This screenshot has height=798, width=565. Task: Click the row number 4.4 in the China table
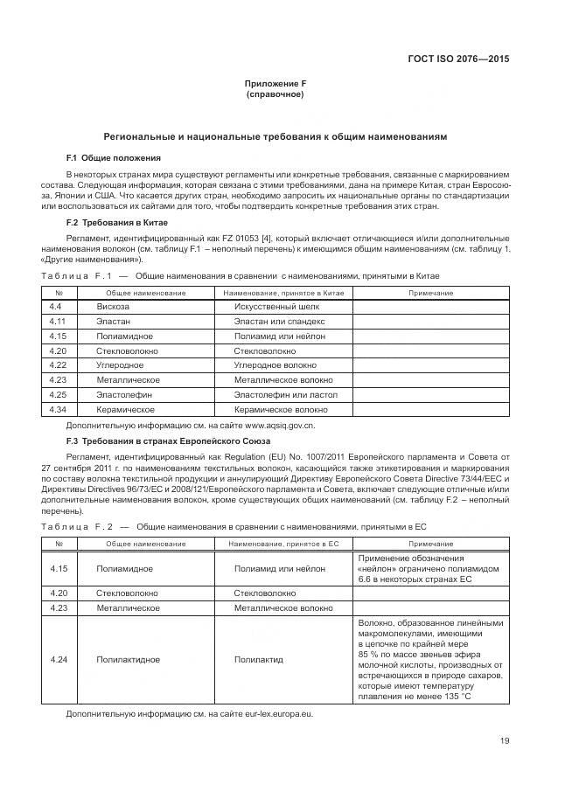[55, 307]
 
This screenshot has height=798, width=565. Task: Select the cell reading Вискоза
[113, 307]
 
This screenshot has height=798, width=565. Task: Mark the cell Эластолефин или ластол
[285, 395]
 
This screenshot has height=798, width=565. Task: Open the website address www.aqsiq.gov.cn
[273, 425]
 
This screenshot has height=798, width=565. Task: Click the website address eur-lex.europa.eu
[270, 714]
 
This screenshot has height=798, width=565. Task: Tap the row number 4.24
[59, 660]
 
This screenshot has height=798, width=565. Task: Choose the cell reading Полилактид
[259, 660]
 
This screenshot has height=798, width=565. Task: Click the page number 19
[505, 741]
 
